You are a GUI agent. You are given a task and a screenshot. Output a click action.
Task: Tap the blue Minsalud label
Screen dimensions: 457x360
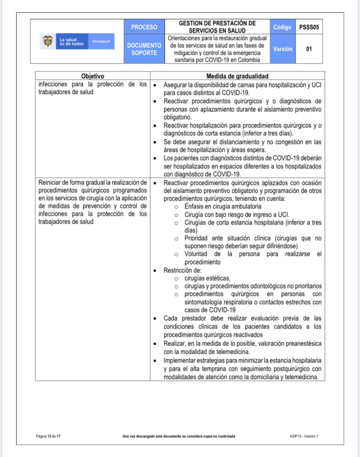coord(100,42)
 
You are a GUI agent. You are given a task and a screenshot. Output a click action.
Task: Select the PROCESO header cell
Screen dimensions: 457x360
coord(144,27)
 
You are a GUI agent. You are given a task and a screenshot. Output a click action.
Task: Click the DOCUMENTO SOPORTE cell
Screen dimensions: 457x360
coord(144,49)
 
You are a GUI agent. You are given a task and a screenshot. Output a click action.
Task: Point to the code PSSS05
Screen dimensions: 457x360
coord(309,27)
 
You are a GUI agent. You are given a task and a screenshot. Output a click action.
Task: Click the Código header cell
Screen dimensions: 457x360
coord(282,27)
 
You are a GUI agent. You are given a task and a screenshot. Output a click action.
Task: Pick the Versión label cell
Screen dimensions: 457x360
coord(282,49)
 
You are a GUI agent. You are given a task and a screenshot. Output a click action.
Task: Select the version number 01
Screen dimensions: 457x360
coord(309,49)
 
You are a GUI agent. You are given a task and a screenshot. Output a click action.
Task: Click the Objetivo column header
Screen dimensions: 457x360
coord(92,76)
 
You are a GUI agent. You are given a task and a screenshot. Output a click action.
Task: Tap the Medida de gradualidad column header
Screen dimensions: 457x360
coord(237,76)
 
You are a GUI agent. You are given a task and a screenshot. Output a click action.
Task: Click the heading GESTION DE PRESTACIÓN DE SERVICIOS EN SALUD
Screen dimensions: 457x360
coord(217,27)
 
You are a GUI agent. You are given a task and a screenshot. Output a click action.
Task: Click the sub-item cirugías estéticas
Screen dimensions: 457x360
coord(207,278)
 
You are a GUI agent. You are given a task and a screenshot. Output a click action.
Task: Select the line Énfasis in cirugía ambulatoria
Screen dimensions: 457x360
coord(223,206)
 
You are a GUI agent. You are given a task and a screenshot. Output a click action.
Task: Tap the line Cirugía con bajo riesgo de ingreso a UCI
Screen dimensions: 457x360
coord(237,214)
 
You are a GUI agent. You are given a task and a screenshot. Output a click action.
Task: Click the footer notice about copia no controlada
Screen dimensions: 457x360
coord(179,436)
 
